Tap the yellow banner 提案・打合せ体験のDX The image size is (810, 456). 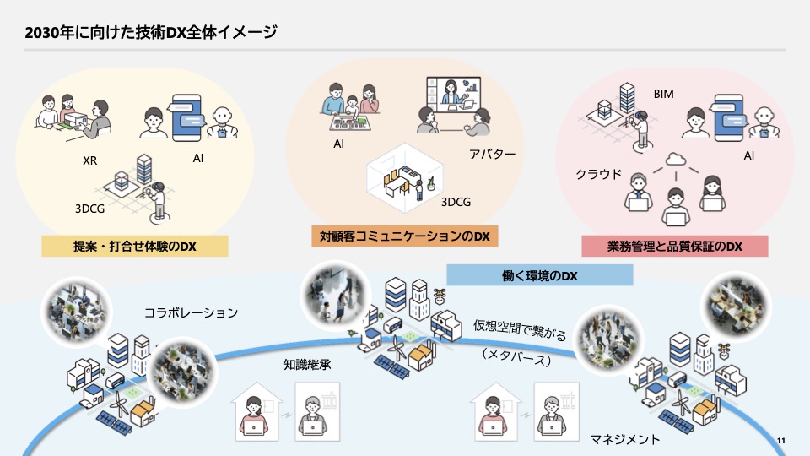(135, 247)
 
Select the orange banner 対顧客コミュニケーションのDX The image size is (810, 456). (405, 236)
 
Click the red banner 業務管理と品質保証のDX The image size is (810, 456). (674, 247)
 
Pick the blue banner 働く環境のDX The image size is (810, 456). (539, 275)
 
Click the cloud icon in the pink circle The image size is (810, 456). (674, 159)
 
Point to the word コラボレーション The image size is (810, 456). (191, 312)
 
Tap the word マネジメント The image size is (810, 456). (626, 440)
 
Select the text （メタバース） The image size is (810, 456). (516, 358)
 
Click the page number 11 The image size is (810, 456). (780, 441)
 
